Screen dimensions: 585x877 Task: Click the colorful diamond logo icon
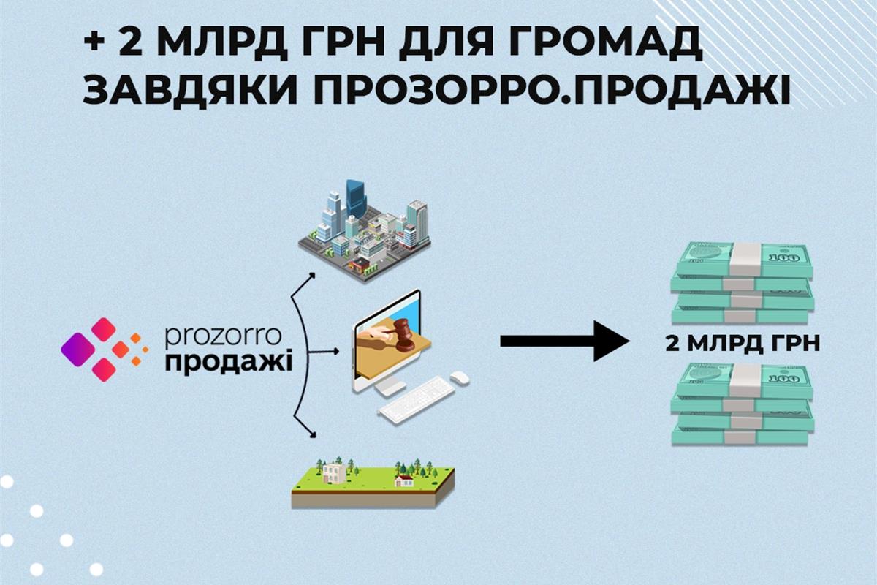point(103,349)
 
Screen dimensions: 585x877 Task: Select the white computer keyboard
point(417,399)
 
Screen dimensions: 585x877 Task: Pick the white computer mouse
point(459,377)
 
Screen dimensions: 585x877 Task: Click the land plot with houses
point(372,482)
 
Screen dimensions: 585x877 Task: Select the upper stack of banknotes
point(742,282)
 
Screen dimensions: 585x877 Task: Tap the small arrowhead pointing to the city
point(312,276)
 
